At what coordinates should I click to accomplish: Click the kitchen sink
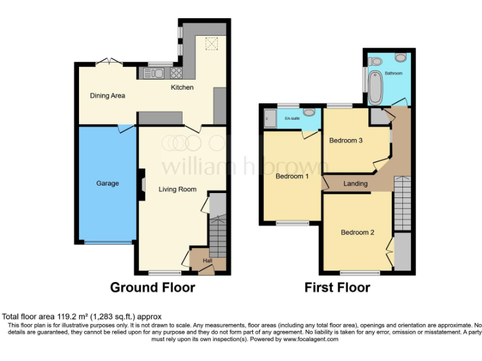[154, 73]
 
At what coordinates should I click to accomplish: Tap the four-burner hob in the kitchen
[175, 73]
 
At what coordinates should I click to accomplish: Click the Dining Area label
[107, 96]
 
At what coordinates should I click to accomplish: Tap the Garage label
[107, 184]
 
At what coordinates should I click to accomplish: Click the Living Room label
[177, 189]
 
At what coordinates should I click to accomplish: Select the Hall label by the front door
[207, 261]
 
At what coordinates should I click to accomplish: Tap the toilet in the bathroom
[376, 61]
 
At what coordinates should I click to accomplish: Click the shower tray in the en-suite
[270, 118]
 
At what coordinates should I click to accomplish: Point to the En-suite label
[292, 118]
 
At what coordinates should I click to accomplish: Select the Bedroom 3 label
[346, 140]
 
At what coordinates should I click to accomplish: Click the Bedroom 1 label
[292, 176]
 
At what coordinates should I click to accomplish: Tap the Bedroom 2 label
[357, 233]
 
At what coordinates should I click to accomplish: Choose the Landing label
[356, 184]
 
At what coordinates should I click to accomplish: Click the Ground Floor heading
[153, 288]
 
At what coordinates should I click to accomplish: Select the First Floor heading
[337, 288]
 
